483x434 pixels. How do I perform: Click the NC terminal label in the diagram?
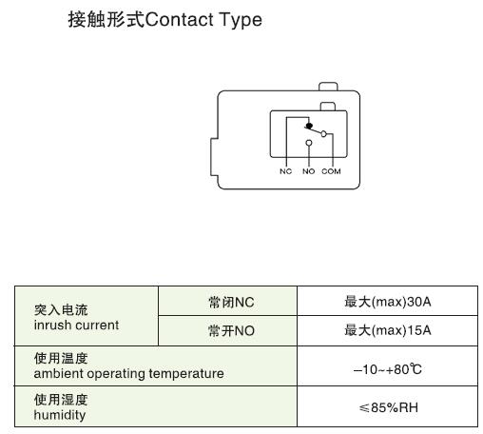pyautogui.click(x=285, y=171)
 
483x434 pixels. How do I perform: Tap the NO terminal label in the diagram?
pyautogui.click(x=308, y=171)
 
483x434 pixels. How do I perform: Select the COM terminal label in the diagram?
pyautogui.click(x=331, y=171)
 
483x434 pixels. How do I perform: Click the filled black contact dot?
pyautogui.click(x=309, y=126)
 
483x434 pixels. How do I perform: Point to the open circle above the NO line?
pyautogui.click(x=309, y=143)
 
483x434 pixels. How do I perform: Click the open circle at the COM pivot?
pyautogui.click(x=323, y=134)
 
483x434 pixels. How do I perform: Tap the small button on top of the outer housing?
pyautogui.click(x=328, y=87)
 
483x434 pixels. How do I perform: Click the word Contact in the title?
pyautogui.click(x=180, y=20)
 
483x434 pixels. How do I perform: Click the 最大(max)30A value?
pyautogui.click(x=388, y=302)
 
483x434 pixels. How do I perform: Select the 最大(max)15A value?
pyautogui.click(x=388, y=330)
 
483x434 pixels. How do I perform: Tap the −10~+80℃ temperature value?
pyautogui.click(x=387, y=369)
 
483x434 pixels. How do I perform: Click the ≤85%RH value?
pyautogui.click(x=389, y=407)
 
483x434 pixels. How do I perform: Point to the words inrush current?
pyautogui.click(x=76, y=325)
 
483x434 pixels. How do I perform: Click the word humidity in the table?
pyautogui.click(x=60, y=415)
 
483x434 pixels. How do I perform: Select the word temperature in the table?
pyautogui.click(x=186, y=374)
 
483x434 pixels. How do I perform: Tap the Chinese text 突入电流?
pyautogui.click(x=61, y=310)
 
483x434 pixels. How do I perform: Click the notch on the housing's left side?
pyautogui.click(x=214, y=157)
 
